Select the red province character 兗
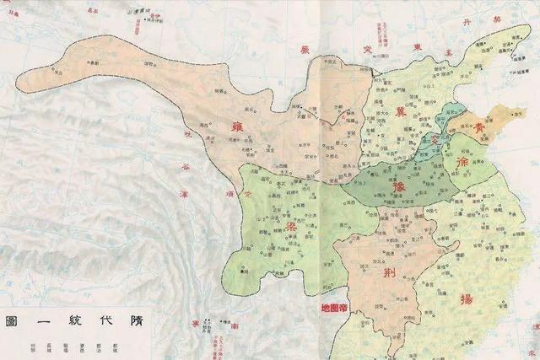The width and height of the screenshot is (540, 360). [435, 139]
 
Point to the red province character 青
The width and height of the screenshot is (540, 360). [478, 129]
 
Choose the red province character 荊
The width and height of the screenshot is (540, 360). [390, 275]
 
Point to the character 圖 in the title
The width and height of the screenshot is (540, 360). [12, 322]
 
